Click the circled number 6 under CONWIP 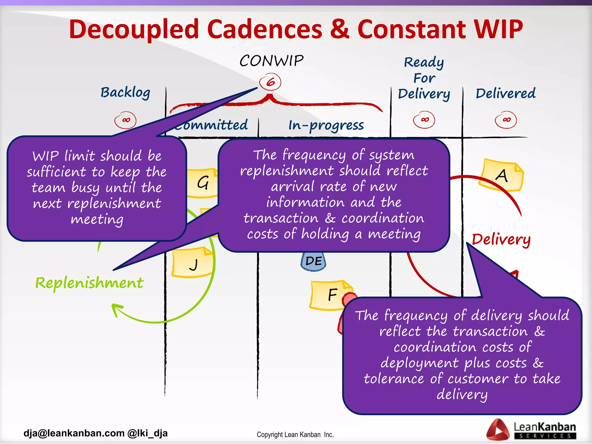(x=270, y=82)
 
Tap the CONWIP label (x=271, y=61)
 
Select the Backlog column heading (x=125, y=92)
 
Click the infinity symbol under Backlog (x=125, y=120)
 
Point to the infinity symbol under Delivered (x=506, y=120)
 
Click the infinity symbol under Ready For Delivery (x=424, y=120)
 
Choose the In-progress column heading (x=326, y=125)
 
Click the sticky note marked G (x=202, y=183)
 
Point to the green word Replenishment (x=89, y=283)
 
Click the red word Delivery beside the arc (x=501, y=239)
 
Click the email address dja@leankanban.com (x=74, y=433)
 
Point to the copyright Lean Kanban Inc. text (x=295, y=434)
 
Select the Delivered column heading (x=506, y=93)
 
